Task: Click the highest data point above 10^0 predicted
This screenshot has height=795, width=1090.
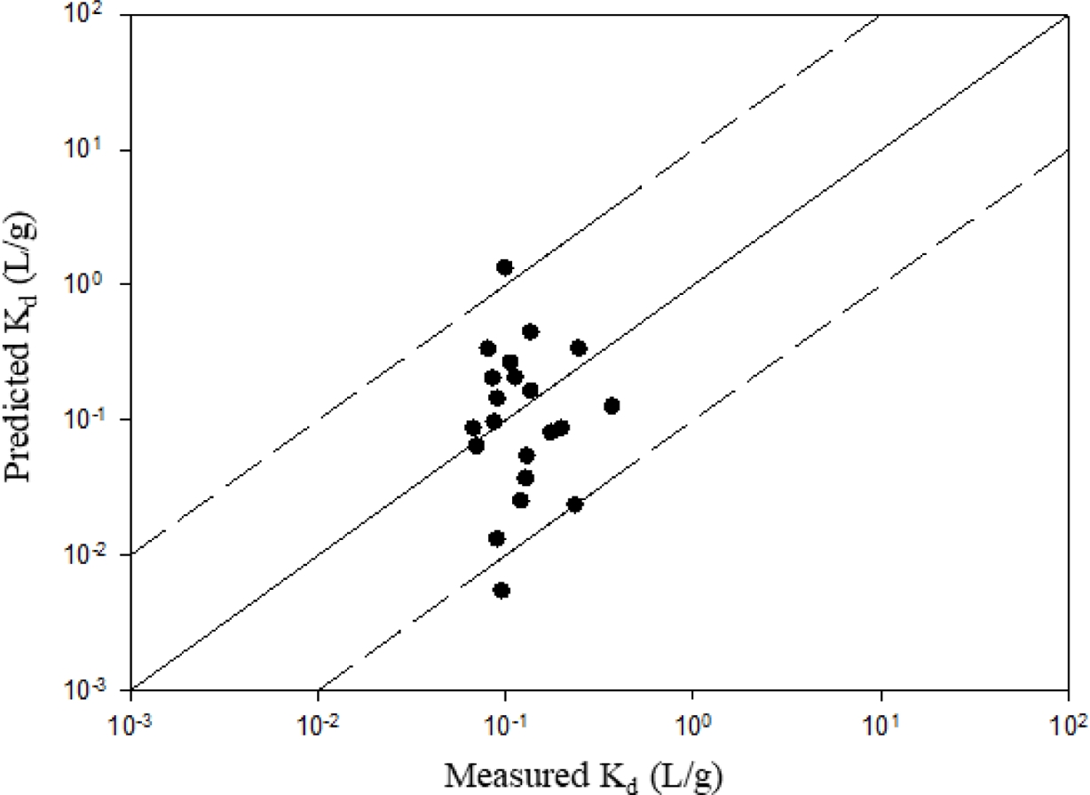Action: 505,267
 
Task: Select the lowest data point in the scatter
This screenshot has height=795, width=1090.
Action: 502,591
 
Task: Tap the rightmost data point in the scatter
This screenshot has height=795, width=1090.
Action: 612,406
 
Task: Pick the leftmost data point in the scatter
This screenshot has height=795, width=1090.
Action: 473,428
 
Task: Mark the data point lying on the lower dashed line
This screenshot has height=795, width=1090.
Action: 575,505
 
